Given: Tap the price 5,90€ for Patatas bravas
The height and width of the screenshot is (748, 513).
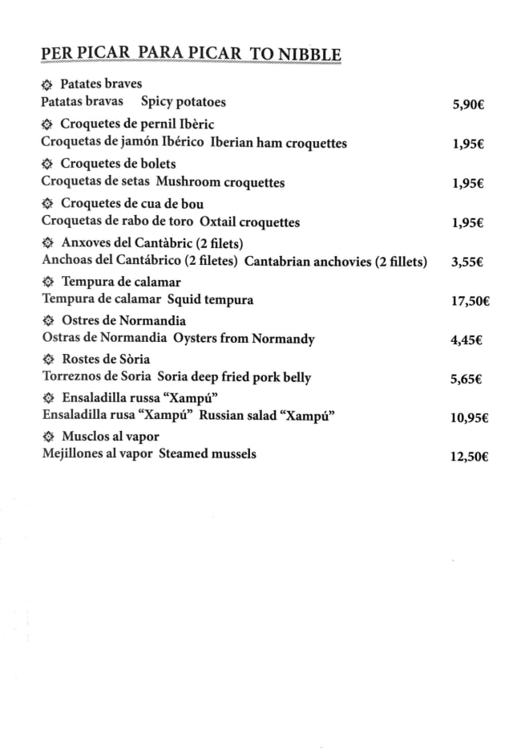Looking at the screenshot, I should pos(468,104).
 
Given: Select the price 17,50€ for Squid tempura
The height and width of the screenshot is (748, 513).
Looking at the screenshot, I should pos(471,301).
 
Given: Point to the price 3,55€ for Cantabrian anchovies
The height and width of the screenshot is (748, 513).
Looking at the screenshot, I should pos(467,262).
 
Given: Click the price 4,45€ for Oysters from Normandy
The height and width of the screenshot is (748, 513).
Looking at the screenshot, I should pos(466,340).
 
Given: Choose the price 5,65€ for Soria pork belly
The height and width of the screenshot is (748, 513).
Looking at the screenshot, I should pos(466,380).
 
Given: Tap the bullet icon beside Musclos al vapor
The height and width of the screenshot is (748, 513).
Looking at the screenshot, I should pos(46,437).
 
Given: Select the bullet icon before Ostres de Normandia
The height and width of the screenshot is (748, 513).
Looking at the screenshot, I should pos(46,320).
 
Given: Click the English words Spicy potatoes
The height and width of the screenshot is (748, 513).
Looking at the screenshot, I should pos(183,102).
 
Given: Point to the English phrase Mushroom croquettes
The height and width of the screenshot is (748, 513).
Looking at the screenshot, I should pos(226,182).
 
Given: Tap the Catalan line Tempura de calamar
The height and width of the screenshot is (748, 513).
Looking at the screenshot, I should pos(121,282).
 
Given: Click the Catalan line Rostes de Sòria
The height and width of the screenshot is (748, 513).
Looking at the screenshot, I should pos(105,359).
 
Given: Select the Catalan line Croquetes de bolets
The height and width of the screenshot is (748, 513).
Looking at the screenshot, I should pos(119,164).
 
